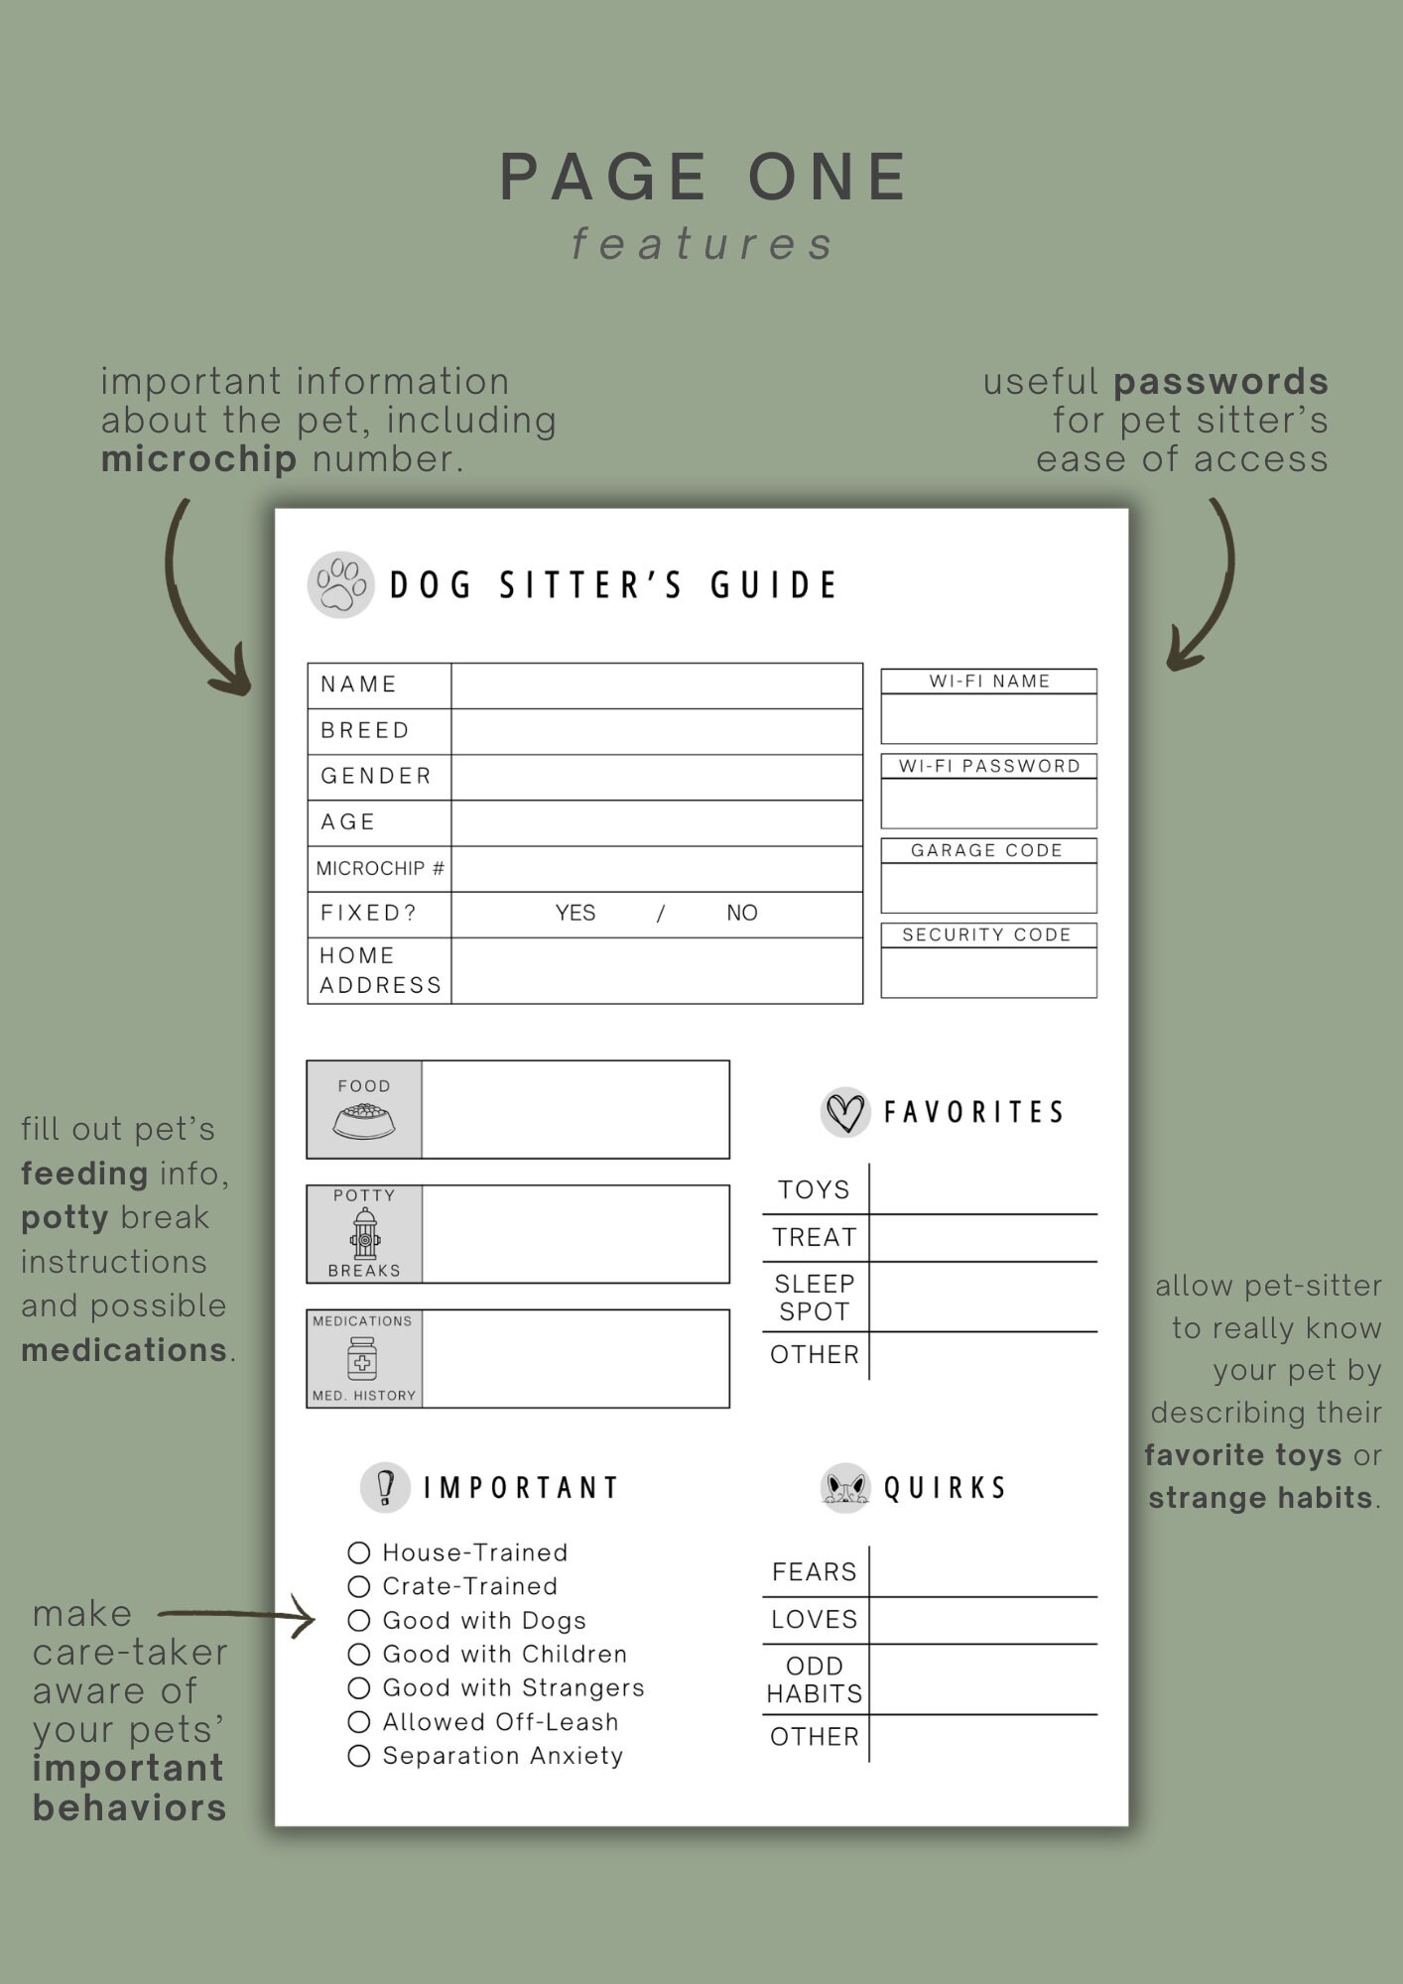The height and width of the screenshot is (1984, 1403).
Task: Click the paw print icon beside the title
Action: click(x=340, y=585)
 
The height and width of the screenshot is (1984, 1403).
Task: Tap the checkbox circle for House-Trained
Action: click(x=359, y=1552)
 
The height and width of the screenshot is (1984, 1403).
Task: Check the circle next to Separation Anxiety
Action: click(x=359, y=1756)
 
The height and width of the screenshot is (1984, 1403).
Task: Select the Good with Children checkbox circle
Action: click(x=359, y=1655)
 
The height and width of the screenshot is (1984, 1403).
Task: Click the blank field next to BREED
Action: click(x=656, y=731)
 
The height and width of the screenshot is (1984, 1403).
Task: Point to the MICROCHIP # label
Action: click(x=380, y=869)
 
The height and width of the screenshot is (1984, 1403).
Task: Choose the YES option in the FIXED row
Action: click(x=575, y=914)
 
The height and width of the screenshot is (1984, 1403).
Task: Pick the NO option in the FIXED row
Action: click(x=741, y=914)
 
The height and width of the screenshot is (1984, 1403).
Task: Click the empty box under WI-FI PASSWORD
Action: click(x=988, y=804)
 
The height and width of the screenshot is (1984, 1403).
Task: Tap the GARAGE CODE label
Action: click(x=987, y=851)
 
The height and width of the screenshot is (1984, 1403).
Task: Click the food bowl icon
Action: click(x=364, y=1122)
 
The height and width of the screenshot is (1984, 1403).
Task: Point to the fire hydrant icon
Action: click(x=365, y=1233)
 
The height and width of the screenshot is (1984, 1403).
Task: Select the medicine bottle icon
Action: click(x=362, y=1358)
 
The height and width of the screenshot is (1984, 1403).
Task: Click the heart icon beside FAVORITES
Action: click(x=845, y=1112)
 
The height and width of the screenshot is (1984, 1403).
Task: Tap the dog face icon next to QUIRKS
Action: click(x=845, y=1488)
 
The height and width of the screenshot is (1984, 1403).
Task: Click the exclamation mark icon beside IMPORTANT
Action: click(x=385, y=1488)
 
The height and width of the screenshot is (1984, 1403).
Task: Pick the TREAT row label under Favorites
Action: click(x=815, y=1238)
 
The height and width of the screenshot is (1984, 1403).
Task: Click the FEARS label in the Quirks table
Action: click(x=815, y=1572)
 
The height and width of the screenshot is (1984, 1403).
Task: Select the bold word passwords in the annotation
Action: click(x=1220, y=382)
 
